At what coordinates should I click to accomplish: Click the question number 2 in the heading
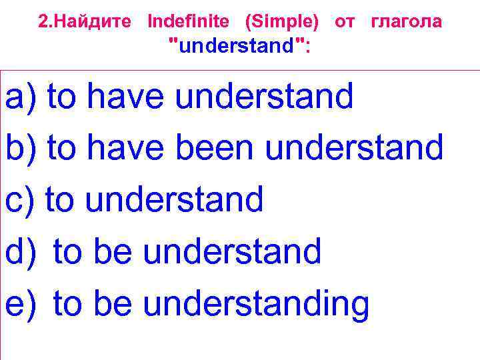point(43,21)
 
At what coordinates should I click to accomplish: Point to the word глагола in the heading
point(406,21)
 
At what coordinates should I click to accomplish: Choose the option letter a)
point(19,97)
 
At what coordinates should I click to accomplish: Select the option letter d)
point(19,251)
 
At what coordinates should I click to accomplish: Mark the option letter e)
point(19,303)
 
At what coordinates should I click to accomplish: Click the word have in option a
point(126,97)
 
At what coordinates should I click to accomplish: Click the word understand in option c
point(176,199)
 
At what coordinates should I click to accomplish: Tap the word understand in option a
point(264,97)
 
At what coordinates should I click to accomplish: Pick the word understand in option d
point(232,251)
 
